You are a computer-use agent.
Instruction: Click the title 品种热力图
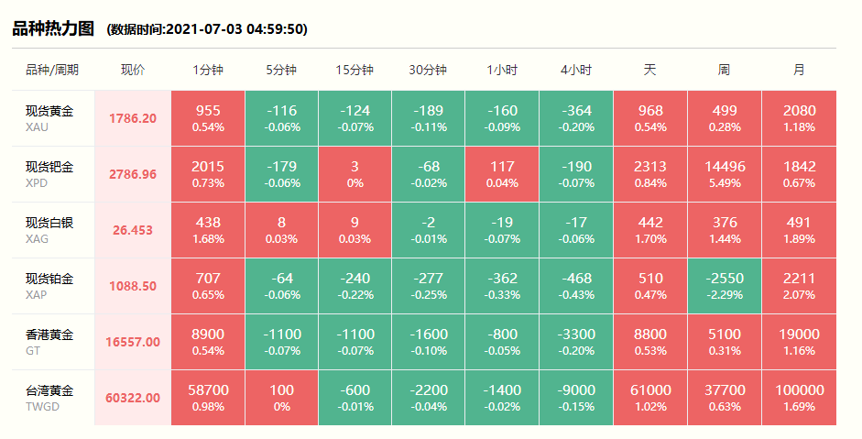point(53,28)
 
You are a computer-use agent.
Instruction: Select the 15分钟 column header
point(355,70)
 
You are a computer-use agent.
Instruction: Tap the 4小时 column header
point(576,70)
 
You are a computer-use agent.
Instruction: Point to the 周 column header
point(724,70)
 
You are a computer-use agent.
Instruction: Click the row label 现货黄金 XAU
point(49,118)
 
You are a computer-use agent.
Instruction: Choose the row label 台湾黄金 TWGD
point(49,398)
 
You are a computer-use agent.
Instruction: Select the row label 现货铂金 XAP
point(49,286)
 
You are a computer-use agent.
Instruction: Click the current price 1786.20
point(133,118)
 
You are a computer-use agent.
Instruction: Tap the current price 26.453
point(133,230)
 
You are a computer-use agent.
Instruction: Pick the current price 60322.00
point(133,398)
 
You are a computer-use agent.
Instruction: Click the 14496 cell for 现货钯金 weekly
point(724,174)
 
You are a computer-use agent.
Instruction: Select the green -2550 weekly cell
point(724,286)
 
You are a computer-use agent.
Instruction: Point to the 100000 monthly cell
point(799,398)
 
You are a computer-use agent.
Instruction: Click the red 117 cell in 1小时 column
point(502,174)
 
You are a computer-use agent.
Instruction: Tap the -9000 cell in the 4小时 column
point(576,398)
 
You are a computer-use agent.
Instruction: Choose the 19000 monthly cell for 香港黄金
point(799,342)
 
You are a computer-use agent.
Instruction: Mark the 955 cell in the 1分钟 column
point(208,118)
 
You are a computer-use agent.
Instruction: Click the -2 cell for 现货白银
point(428,230)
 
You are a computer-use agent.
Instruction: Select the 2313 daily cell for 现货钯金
point(650,174)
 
